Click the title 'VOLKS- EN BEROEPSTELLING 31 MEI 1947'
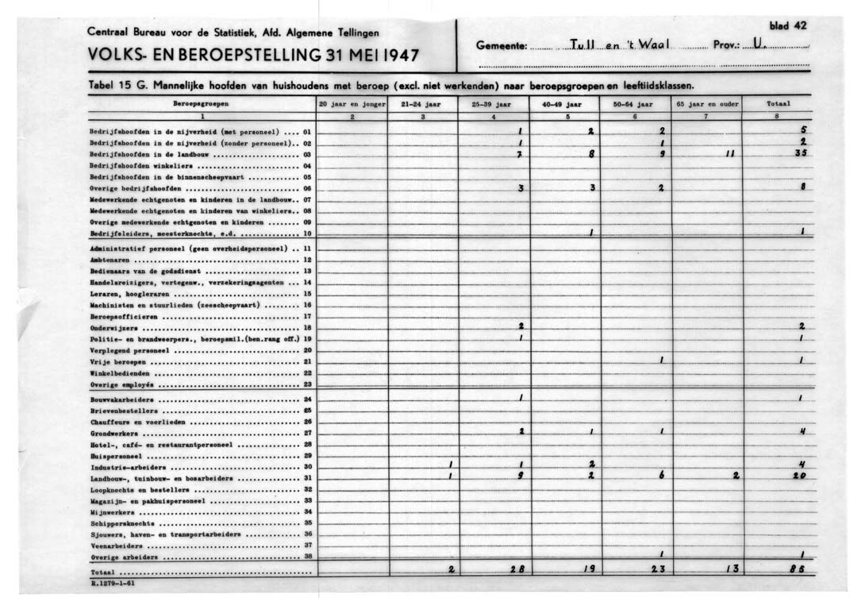(x=253, y=57)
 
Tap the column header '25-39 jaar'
(x=493, y=104)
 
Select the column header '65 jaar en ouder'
(x=706, y=104)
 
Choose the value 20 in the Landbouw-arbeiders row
(x=799, y=478)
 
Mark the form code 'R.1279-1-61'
(x=113, y=583)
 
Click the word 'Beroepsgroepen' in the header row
(x=199, y=104)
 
